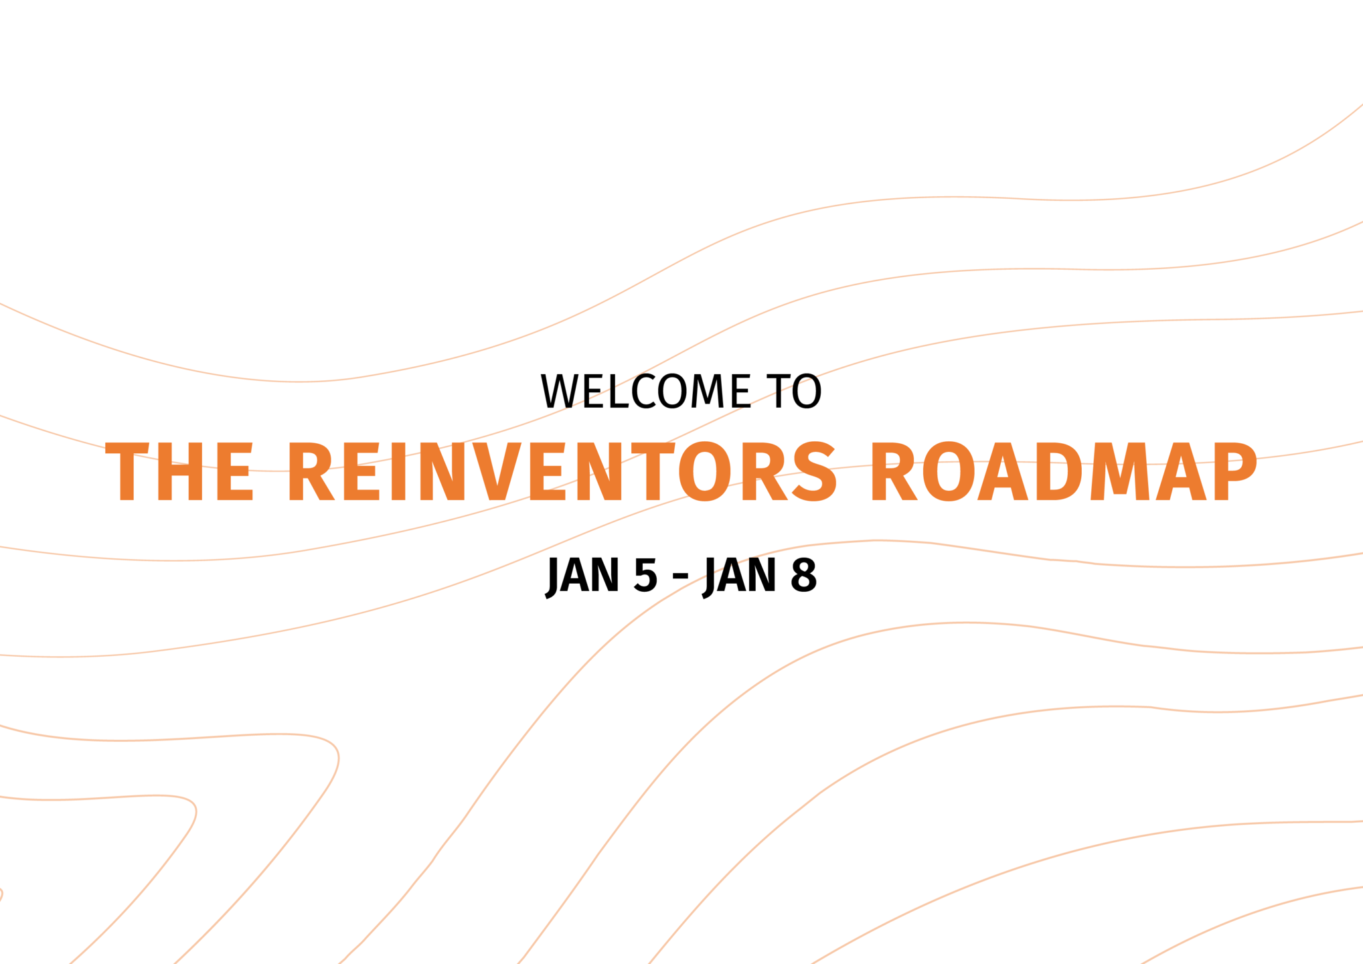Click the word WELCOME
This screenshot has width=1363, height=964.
click(645, 392)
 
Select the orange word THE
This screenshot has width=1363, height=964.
click(179, 471)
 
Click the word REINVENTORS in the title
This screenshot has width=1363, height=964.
click(562, 471)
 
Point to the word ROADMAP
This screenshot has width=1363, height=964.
click(1064, 471)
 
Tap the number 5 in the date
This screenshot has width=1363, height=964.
click(645, 576)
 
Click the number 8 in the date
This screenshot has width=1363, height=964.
click(803, 576)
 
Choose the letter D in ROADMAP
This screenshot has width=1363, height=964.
click(1067, 471)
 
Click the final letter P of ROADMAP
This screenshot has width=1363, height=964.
click(1236, 471)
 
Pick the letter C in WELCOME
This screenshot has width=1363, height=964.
click(644, 392)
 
